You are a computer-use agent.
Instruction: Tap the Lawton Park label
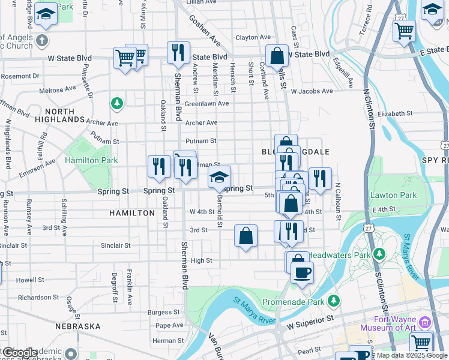393,195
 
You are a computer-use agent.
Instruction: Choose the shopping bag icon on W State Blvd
277,55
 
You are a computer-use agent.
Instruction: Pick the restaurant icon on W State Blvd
178,53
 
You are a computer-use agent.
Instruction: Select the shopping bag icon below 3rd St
246,235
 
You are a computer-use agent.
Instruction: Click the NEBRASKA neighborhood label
77,326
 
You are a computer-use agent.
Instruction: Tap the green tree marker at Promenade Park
333,300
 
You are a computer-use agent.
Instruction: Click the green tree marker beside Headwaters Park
378,254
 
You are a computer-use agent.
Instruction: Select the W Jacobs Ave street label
312,91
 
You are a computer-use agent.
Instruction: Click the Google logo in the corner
19,353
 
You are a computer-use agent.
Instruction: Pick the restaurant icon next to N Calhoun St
320,178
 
